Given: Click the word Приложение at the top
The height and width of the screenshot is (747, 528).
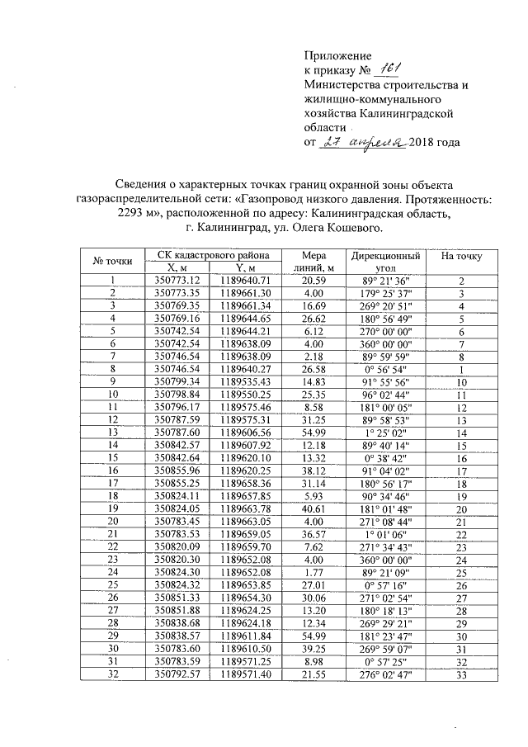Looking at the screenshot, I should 338,54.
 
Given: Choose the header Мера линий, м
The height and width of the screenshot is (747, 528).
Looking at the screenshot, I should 313,262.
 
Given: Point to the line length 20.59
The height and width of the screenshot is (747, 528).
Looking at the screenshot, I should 313,281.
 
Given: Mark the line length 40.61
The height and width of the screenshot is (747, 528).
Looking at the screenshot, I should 313,510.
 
